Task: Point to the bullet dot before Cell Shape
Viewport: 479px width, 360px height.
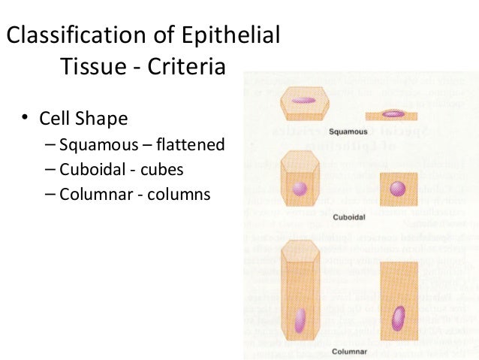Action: (x=25, y=118)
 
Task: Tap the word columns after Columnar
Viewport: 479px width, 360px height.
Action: (x=181, y=195)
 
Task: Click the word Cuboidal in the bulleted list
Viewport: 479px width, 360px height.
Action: (x=90, y=169)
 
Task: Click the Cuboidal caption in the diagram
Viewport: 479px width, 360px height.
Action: (x=348, y=217)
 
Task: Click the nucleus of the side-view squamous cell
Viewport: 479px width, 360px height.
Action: (x=393, y=114)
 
